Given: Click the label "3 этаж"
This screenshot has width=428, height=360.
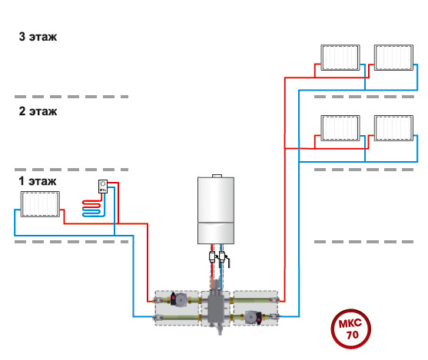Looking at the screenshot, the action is (x=38, y=37).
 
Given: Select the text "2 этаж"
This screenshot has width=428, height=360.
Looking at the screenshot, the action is (x=38, y=111).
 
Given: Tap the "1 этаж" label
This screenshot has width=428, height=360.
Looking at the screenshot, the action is (x=38, y=181).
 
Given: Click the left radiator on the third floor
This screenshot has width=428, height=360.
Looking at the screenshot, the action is (x=340, y=58).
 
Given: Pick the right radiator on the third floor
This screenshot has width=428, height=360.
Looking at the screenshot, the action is (x=393, y=58).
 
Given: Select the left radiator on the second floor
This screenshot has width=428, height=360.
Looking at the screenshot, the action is (x=340, y=128).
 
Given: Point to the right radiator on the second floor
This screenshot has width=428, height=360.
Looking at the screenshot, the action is (x=393, y=128).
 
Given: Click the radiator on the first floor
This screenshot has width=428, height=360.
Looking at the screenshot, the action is (x=40, y=204).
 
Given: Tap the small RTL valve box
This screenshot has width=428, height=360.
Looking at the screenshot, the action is (x=103, y=187).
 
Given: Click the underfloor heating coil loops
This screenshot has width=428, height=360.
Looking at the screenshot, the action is (x=91, y=208).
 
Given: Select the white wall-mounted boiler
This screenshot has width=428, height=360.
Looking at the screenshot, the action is (x=216, y=210).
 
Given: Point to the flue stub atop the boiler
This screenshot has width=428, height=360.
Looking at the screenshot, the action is (x=217, y=176).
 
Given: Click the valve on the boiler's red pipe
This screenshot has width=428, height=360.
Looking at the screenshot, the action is (x=212, y=257).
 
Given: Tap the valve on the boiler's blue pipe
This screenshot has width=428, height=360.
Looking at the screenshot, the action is (x=223, y=257).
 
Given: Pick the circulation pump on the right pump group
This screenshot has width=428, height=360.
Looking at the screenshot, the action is (x=253, y=318).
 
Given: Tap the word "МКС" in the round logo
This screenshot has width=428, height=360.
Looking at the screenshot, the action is (x=350, y=323).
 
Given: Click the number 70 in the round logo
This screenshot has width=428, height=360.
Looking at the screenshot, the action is (x=352, y=335).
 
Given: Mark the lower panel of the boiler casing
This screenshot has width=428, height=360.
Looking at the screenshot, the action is (x=216, y=233).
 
